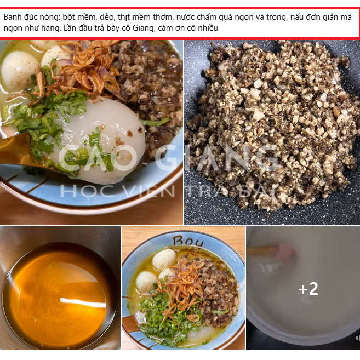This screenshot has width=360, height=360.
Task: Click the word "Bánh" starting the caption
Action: click(x=13, y=17)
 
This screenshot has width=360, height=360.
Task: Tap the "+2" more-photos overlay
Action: click(x=308, y=289)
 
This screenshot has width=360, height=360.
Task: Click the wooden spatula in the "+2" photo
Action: click(x=268, y=252)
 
